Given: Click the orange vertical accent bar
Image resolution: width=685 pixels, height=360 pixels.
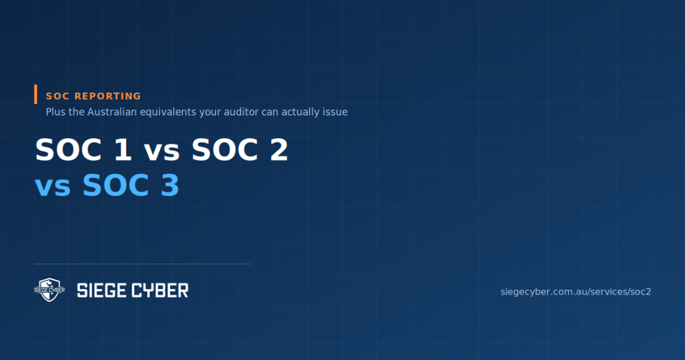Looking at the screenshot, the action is (36, 94).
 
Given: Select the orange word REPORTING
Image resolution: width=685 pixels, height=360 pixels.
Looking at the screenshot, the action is (108, 96).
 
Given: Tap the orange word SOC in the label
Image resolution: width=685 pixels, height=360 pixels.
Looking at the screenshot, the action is (58, 96).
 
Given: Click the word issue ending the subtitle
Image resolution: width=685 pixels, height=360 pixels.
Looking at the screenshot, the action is (335, 112).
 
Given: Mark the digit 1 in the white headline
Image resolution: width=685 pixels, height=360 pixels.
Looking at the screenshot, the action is (123, 150).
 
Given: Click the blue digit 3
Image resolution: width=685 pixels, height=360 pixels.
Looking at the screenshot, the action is (170, 185).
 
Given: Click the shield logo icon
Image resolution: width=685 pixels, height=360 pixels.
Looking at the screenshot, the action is (49, 290).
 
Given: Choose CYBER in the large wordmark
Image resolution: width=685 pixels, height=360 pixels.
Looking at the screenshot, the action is (160, 290).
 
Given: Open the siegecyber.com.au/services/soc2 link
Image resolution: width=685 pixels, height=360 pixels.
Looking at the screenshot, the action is (576, 292).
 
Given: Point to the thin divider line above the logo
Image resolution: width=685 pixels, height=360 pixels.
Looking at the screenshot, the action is (142, 264).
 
